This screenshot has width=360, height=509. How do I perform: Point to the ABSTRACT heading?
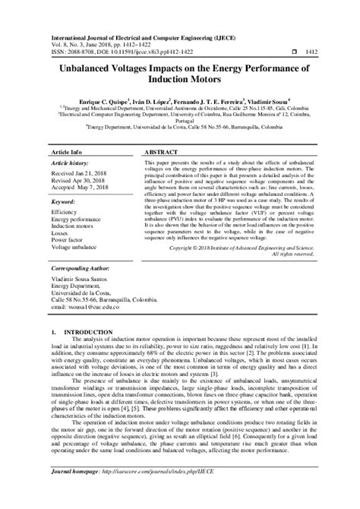160,152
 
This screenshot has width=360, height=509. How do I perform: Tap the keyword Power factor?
68,239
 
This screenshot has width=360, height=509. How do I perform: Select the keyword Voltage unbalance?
74,247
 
